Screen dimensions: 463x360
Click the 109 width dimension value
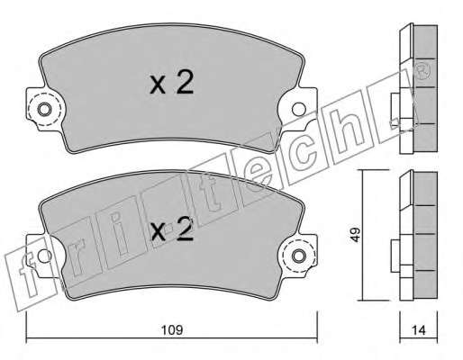(172, 330)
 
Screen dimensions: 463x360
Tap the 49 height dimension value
(356, 235)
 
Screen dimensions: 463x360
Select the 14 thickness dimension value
(419, 330)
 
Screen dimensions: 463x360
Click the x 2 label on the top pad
(171, 81)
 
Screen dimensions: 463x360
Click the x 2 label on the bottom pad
(171, 229)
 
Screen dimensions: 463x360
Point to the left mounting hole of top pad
(44, 109)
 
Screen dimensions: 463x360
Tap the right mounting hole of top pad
(299, 109)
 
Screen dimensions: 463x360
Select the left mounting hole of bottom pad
(44, 256)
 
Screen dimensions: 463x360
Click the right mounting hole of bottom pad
(299, 256)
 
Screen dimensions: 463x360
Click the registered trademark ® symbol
(424, 71)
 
